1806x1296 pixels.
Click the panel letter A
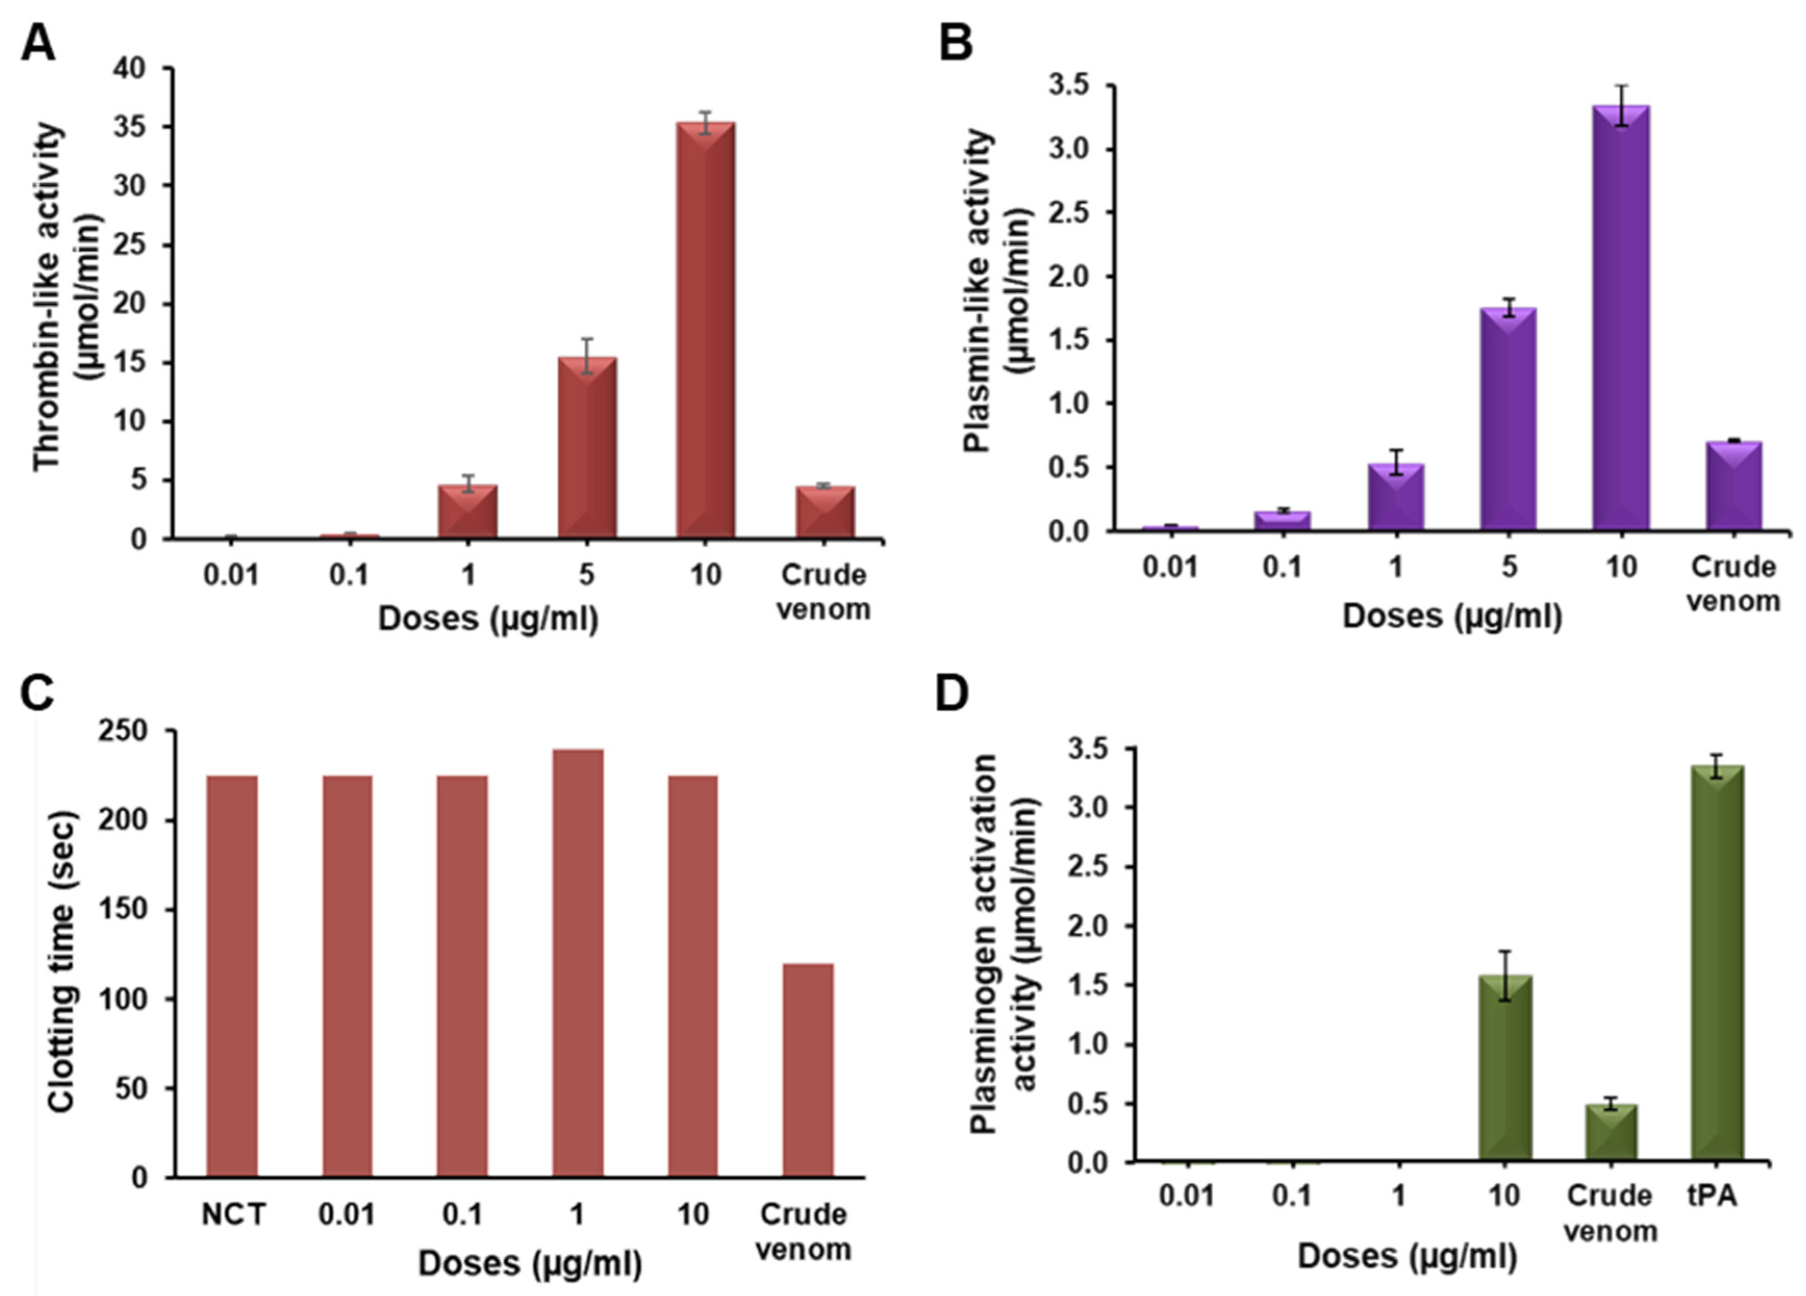37,44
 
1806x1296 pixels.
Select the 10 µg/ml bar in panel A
705,330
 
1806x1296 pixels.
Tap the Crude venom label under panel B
1734,584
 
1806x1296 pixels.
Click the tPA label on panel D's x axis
1712,1195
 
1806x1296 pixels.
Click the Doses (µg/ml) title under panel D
1407,1256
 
